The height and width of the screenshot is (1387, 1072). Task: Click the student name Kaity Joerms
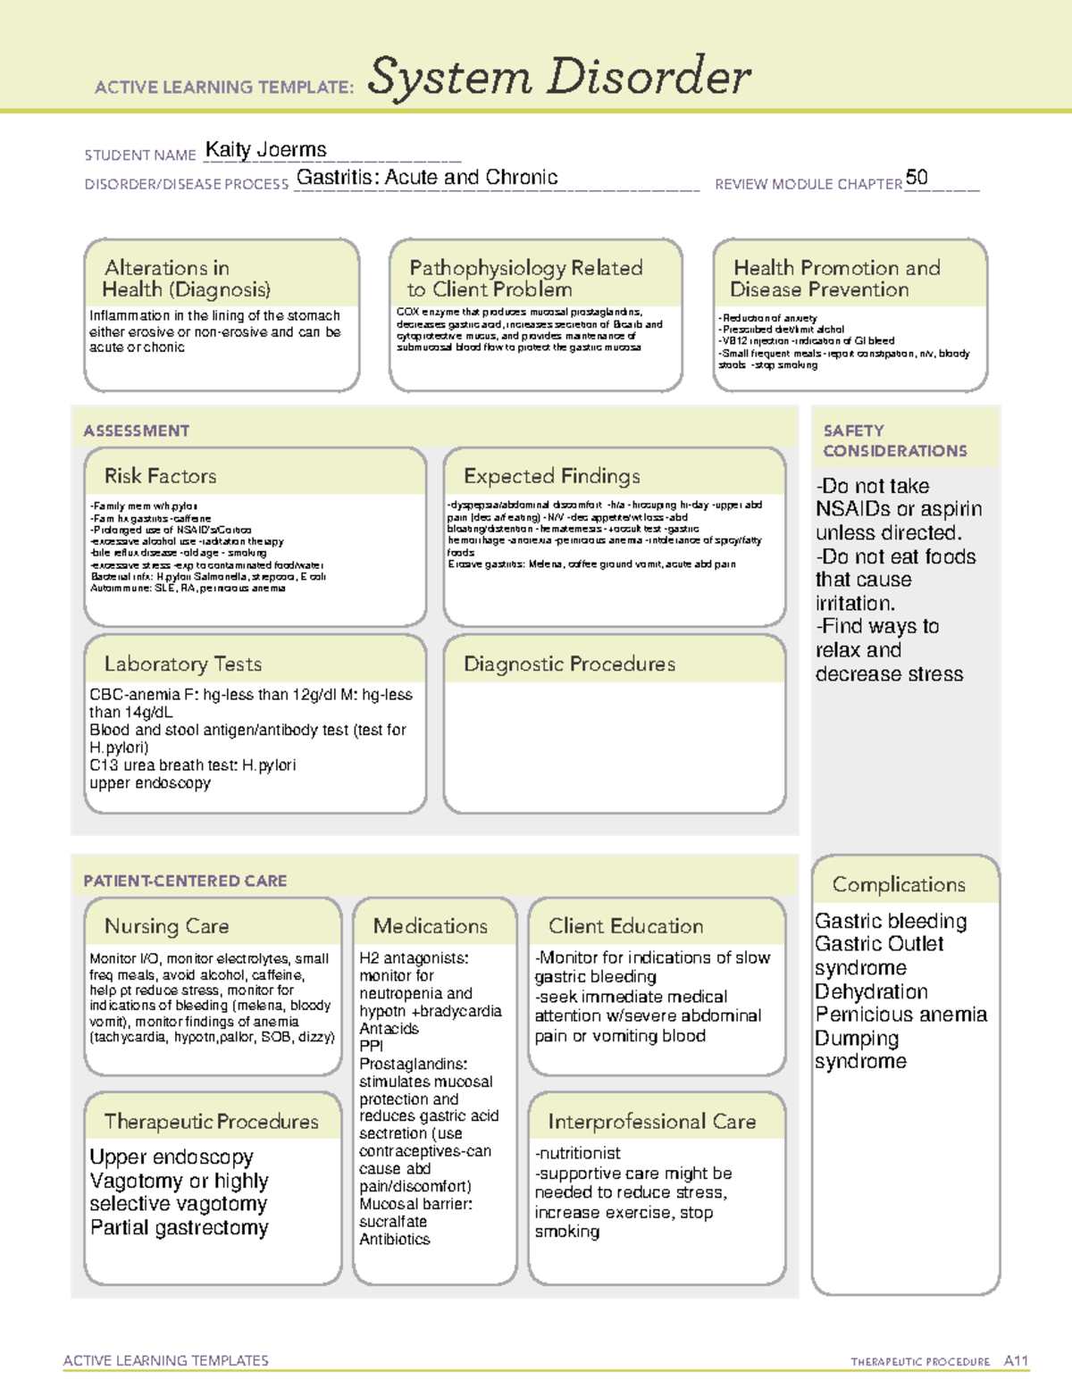coord(265,150)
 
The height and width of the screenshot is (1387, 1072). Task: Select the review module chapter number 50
coord(917,177)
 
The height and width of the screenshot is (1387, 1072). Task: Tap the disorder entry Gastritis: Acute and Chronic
coord(427,178)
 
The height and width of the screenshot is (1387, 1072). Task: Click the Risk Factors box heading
coord(160,476)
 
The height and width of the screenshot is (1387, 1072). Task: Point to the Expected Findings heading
coord(551,476)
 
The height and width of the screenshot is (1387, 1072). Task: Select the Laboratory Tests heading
coord(182,664)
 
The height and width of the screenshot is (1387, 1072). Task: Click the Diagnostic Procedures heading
coord(569,664)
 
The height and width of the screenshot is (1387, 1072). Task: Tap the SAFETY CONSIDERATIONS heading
coord(894,440)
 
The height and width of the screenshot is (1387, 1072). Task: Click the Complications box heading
coord(899,884)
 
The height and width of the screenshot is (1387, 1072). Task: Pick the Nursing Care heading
coord(166,926)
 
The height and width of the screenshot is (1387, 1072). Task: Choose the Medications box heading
coord(430,926)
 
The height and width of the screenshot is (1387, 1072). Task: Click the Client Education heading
coord(625,926)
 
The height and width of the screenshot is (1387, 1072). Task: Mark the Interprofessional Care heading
coord(651,1122)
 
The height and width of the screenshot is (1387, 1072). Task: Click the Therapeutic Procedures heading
coord(211,1122)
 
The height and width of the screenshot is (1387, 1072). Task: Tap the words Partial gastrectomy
coord(179,1228)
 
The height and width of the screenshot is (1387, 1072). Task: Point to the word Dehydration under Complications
coord(871,991)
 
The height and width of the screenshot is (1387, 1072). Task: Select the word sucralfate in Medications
coord(393,1222)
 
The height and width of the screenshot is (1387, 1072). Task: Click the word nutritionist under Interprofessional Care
coord(580,1154)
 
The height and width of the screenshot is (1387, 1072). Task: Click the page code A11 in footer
coord(1016,1360)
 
